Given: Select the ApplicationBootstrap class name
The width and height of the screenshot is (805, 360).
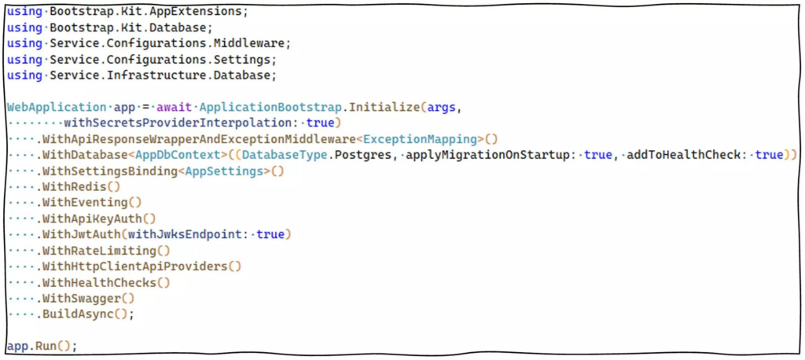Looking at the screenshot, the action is point(270,108).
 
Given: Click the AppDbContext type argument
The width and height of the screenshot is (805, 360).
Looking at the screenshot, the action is point(181,156).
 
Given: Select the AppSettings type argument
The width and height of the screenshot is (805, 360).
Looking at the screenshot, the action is point(224,171).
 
